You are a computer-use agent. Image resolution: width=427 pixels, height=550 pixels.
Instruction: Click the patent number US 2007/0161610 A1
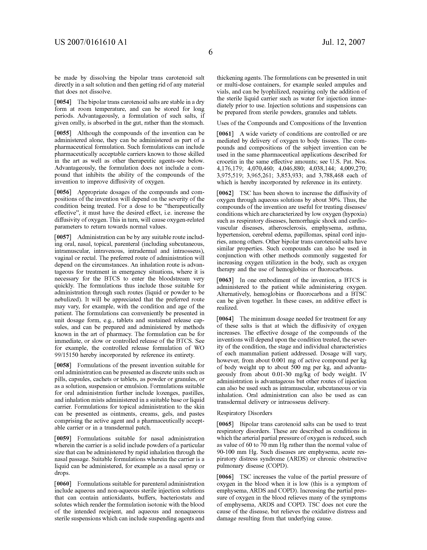91,42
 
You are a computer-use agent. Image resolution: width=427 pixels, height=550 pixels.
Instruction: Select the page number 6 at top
210,52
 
